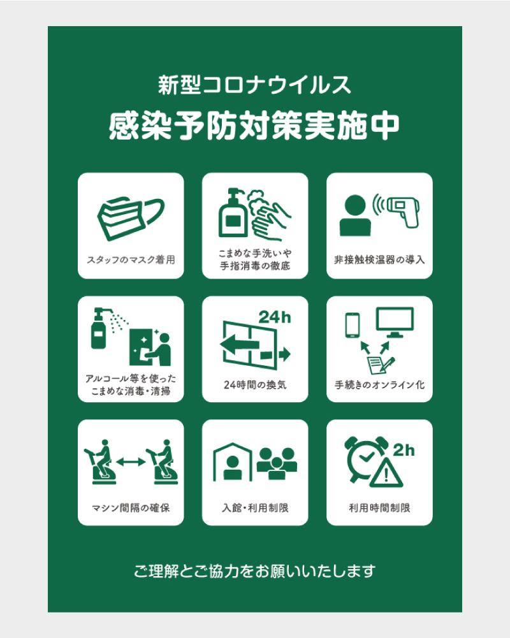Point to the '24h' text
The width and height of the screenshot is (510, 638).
[275, 317]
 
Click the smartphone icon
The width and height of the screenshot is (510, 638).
[353, 324]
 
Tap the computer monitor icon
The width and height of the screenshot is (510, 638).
[395, 322]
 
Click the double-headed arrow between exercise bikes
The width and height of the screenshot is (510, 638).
[131, 461]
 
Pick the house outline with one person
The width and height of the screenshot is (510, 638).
[233, 462]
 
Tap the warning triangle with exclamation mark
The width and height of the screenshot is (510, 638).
[386, 472]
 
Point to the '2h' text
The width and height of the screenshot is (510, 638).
[404, 450]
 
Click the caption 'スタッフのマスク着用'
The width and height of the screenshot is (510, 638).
[131, 259]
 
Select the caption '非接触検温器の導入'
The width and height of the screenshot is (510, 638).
[379, 259]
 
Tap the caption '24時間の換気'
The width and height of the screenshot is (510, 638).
[255, 384]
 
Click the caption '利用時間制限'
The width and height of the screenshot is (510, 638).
[379, 508]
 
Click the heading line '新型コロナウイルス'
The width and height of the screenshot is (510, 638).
[255, 85]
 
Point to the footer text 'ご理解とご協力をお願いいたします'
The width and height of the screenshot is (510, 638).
[255, 571]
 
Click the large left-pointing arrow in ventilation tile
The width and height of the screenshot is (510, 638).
[240, 345]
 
